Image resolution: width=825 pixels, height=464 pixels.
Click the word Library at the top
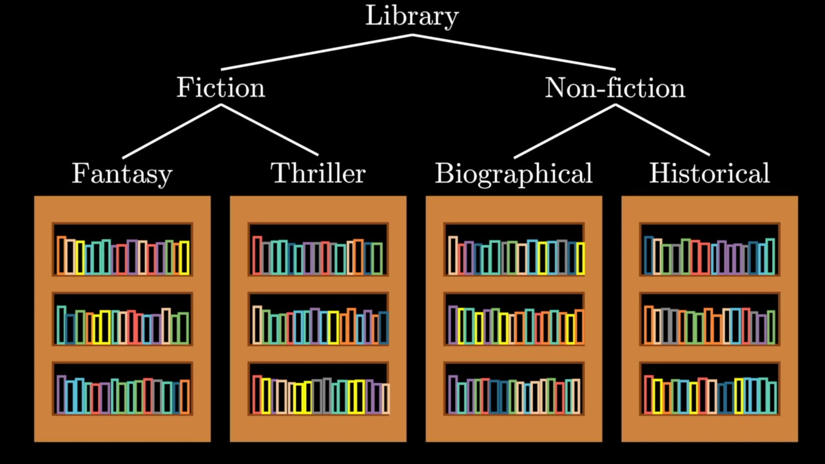(412, 15)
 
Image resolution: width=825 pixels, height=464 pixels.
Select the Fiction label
(220, 88)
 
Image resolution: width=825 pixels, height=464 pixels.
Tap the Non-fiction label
(615, 88)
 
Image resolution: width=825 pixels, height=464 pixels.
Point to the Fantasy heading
(122, 174)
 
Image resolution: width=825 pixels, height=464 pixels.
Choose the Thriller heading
(318, 173)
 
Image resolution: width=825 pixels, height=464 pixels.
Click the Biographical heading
(514, 174)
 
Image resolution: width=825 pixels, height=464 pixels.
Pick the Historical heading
(709, 173)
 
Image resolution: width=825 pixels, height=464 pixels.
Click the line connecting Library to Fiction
(316, 52)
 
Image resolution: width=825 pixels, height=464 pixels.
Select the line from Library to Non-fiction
(514, 52)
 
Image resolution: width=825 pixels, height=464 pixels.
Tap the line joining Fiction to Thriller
(269, 130)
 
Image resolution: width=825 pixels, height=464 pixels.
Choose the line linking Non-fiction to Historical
(663, 130)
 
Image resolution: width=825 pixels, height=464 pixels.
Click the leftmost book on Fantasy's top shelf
(61, 256)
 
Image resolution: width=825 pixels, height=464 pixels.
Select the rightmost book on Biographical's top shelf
(580, 258)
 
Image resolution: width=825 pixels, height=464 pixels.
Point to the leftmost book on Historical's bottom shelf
(648, 394)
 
